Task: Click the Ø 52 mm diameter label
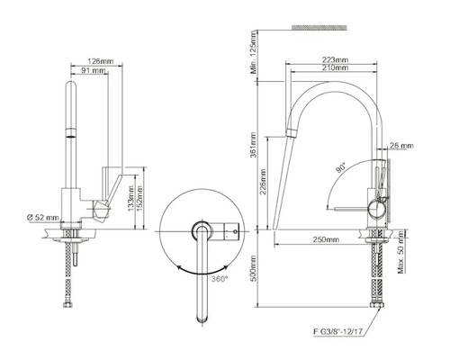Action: click(x=43, y=219)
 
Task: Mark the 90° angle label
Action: click(x=342, y=166)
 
